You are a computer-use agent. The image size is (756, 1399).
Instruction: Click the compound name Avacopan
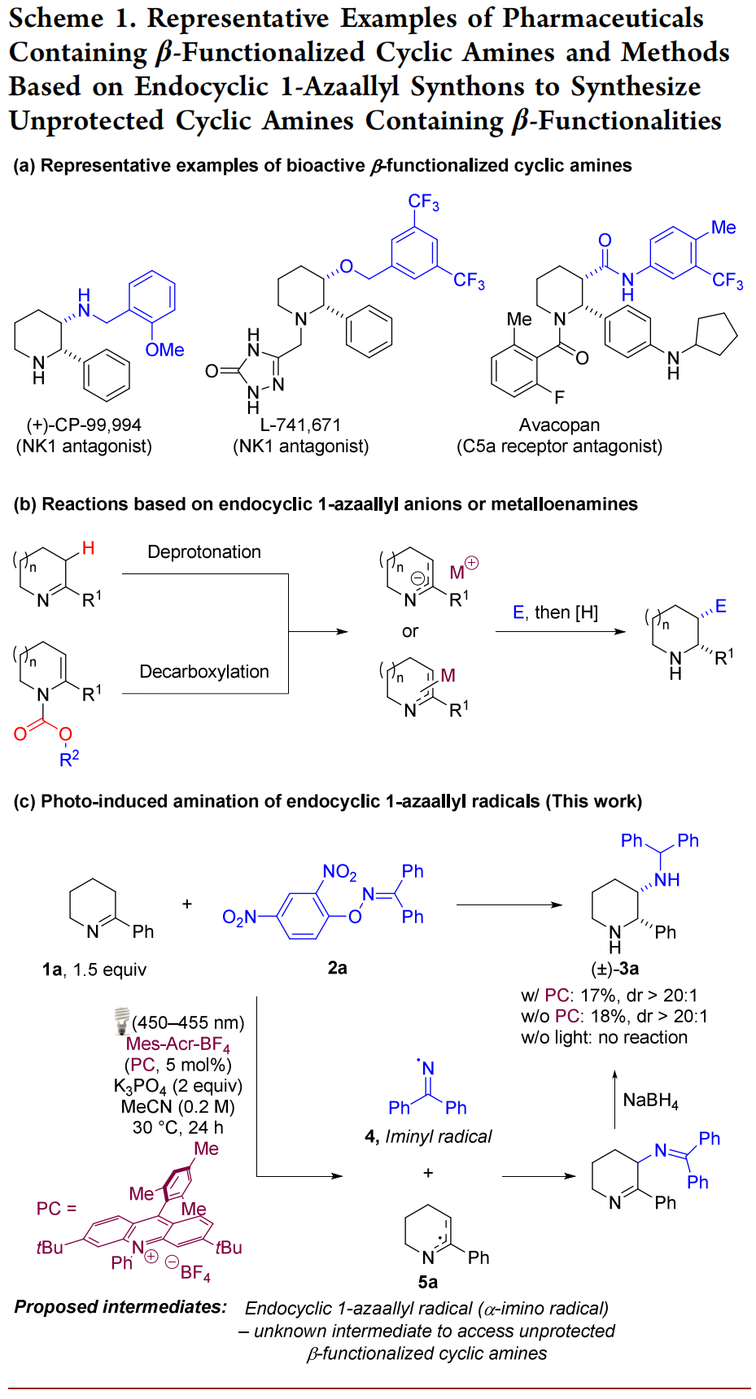coord(559,425)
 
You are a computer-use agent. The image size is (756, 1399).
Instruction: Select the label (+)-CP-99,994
coord(84,425)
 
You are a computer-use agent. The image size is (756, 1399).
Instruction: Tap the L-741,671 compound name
coord(300,425)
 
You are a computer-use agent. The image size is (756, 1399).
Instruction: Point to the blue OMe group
coord(164,350)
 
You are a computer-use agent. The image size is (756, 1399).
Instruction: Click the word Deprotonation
coord(204,551)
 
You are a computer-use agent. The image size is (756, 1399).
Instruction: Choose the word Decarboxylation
coord(204,671)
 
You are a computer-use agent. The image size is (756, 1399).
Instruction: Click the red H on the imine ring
coord(88,548)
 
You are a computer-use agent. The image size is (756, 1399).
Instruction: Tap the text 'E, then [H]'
coord(555,612)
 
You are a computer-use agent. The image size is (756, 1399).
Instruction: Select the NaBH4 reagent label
coord(650,1100)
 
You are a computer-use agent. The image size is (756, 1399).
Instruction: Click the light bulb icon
coord(121,1020)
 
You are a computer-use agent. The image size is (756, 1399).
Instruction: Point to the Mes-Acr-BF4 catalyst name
coord(178,1044)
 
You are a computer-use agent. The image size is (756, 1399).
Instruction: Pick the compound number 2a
coord(337,967)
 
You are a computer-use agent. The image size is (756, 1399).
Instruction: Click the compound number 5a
coord(427,1282)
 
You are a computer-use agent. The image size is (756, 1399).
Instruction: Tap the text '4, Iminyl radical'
coord(428,1136)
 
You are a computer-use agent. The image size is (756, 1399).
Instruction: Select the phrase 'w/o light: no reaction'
coord(604,1037)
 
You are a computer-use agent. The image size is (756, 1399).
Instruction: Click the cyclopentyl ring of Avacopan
coord(717,334)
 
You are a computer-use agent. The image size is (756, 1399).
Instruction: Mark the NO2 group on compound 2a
coord(339,873)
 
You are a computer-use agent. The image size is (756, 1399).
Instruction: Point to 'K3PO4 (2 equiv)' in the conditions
coord(178,1086)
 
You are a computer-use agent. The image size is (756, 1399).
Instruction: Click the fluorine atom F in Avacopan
coord(559,397)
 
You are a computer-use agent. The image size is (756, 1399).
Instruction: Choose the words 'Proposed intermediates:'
coord(120,1306)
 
